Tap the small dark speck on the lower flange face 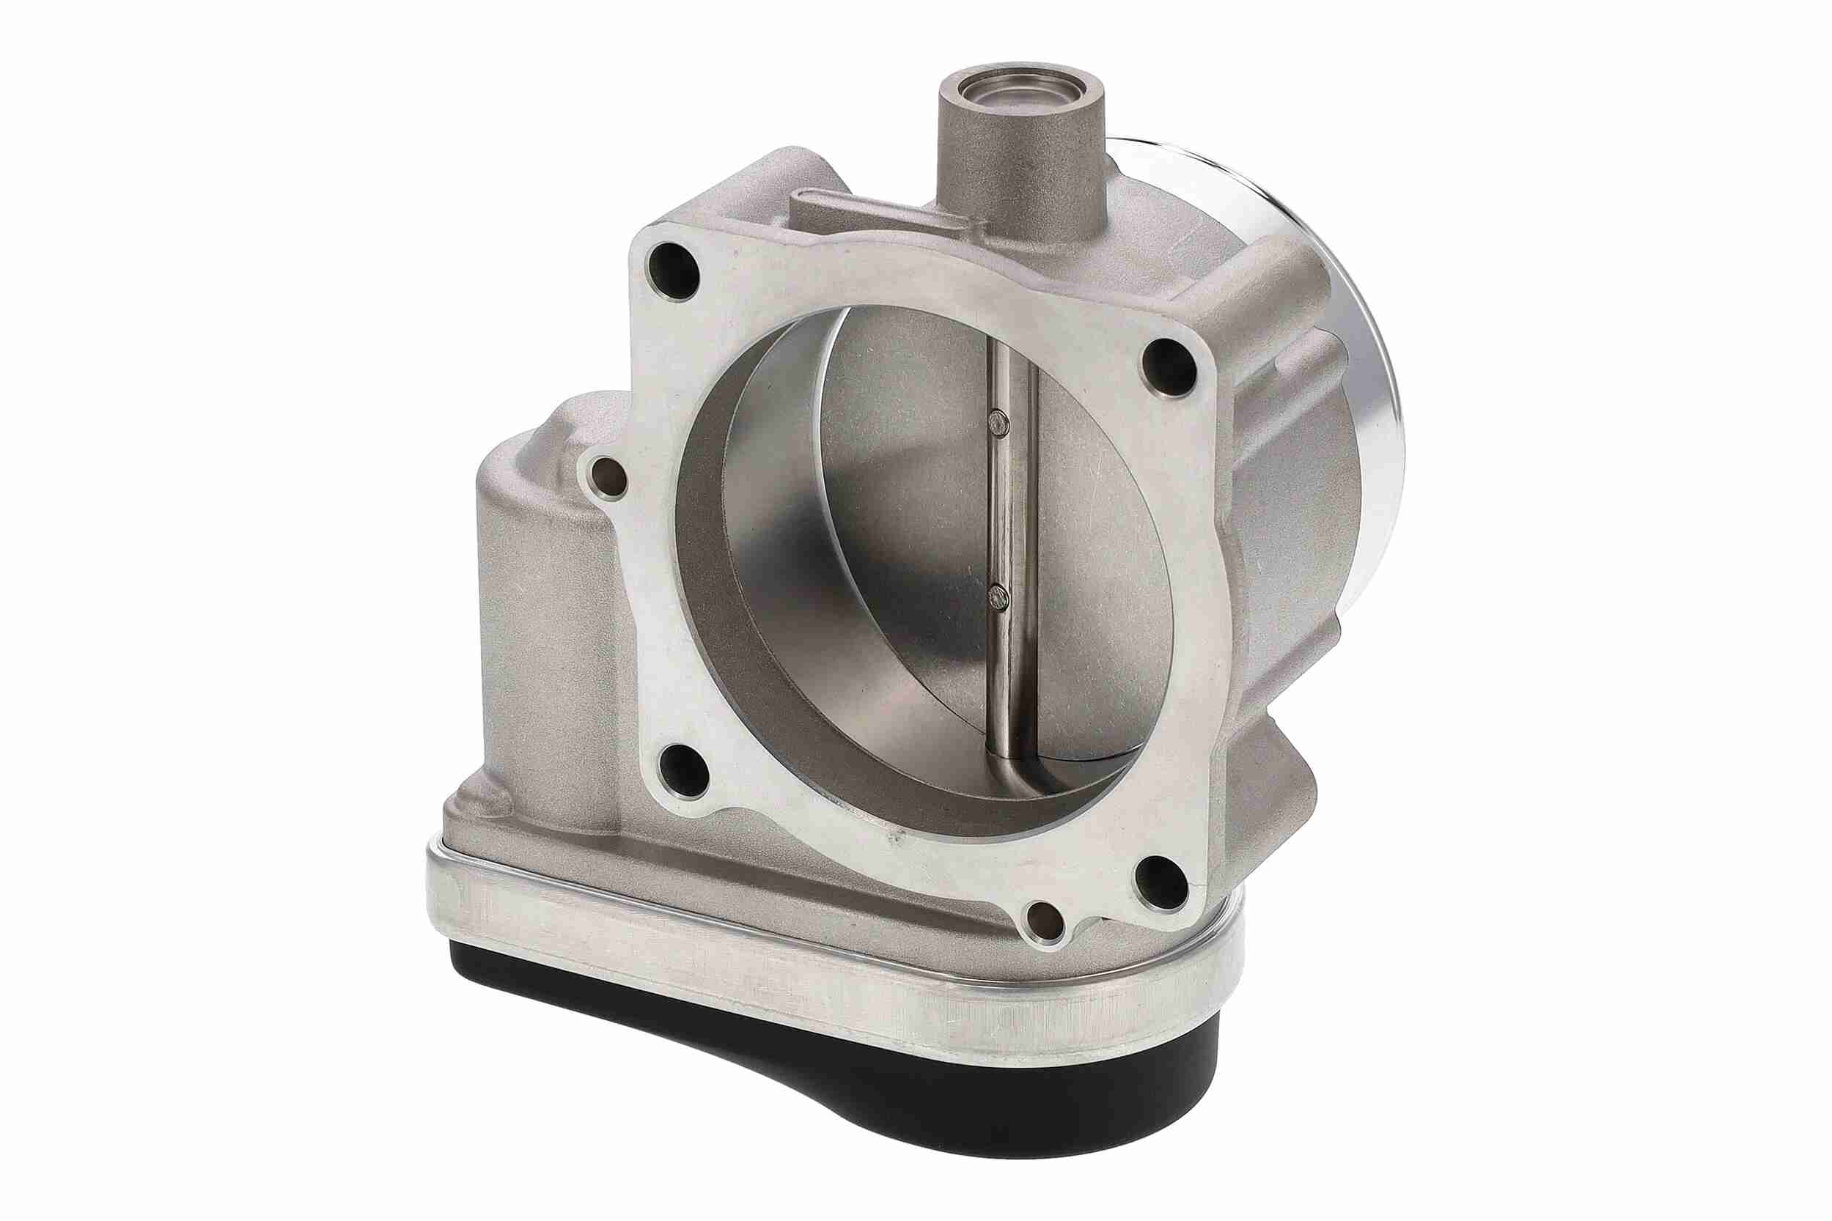897,841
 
